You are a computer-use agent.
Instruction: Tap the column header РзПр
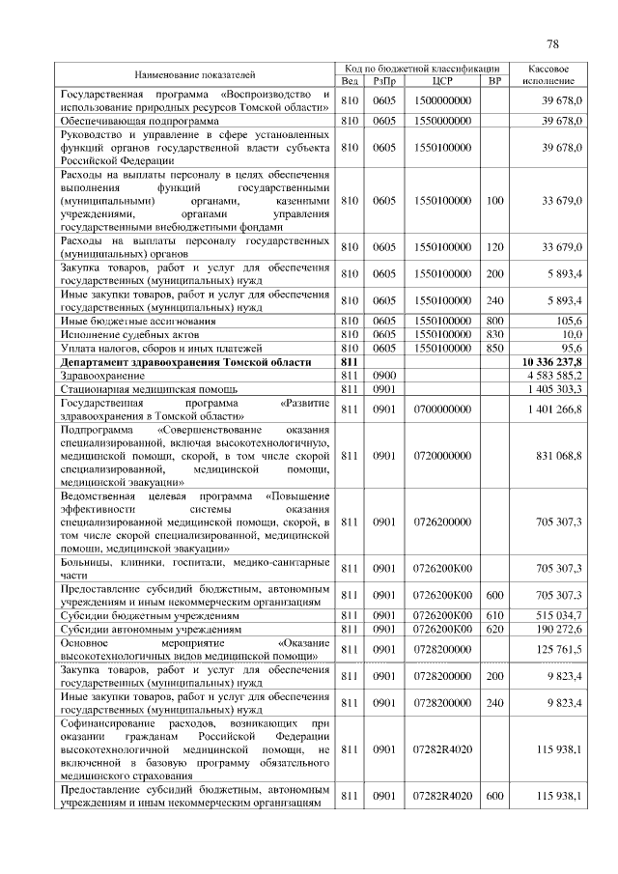[384, 80]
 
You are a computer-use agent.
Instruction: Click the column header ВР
[494, 80]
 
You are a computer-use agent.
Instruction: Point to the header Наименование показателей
[195, 74]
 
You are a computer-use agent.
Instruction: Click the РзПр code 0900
[384, 375]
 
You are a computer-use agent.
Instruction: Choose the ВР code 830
[494, 333]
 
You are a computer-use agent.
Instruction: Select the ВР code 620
[494, 628]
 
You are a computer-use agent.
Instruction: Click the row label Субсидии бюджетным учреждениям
[136, 614]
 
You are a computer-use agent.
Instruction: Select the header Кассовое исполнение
[554, 74]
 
